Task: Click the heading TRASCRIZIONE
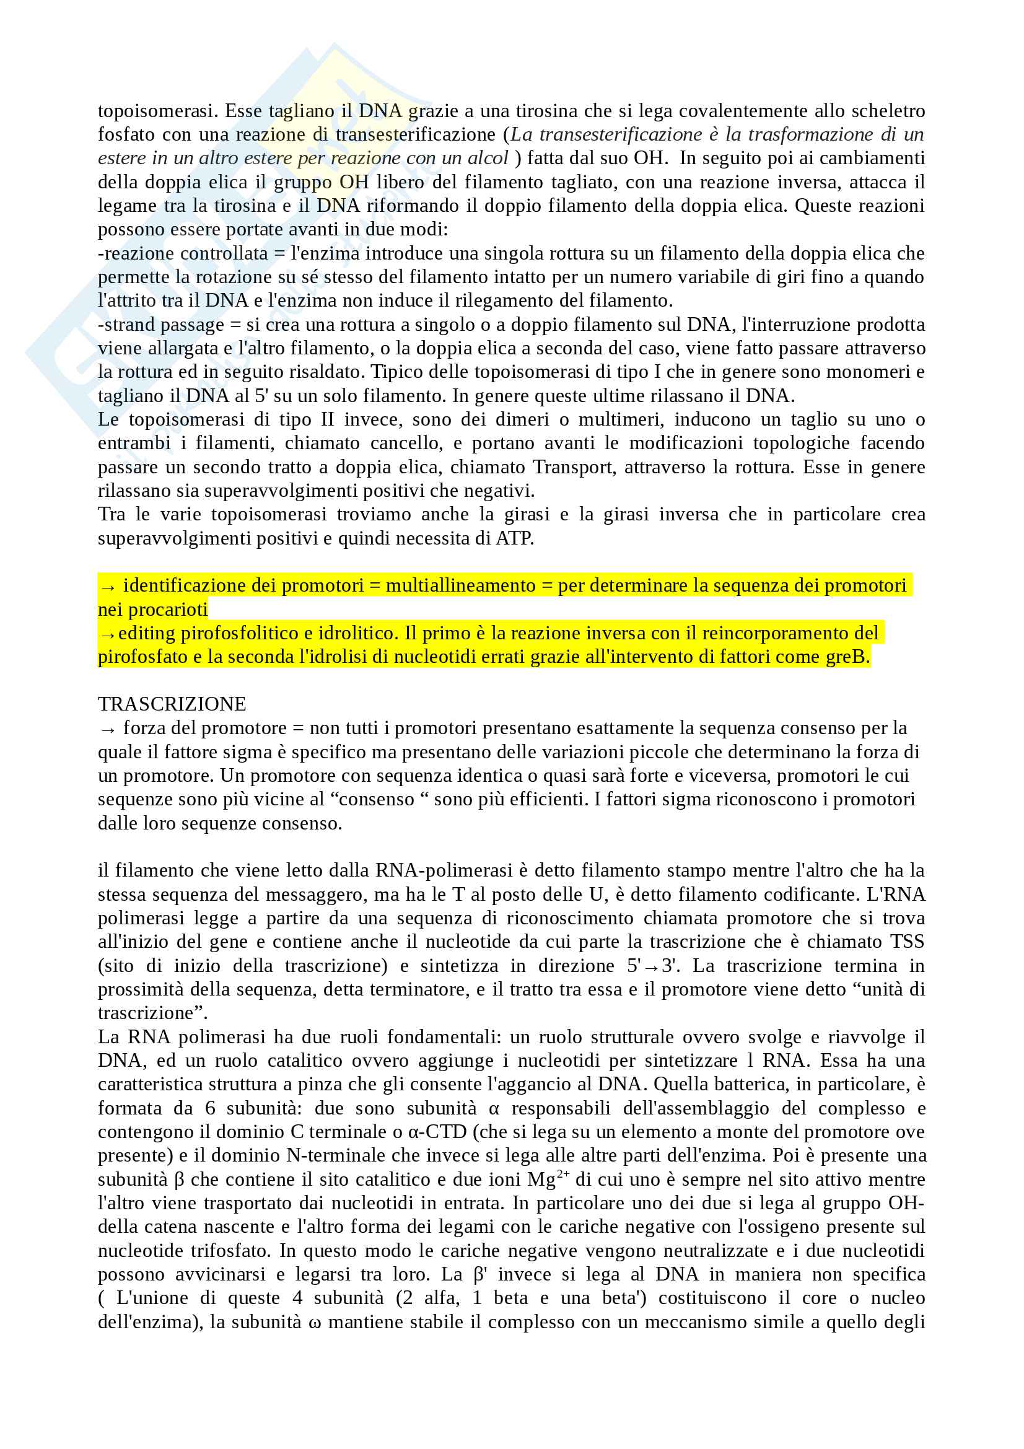tap(172, 704)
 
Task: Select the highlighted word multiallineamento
tap(460, 585)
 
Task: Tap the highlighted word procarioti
tap(168, 610)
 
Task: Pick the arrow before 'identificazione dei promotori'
tap(108, 587)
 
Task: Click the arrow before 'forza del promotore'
tap(108, 730)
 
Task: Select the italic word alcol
tap(488, 158)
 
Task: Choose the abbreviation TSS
tap(907, 942)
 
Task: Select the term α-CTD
tap(437, 1132)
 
